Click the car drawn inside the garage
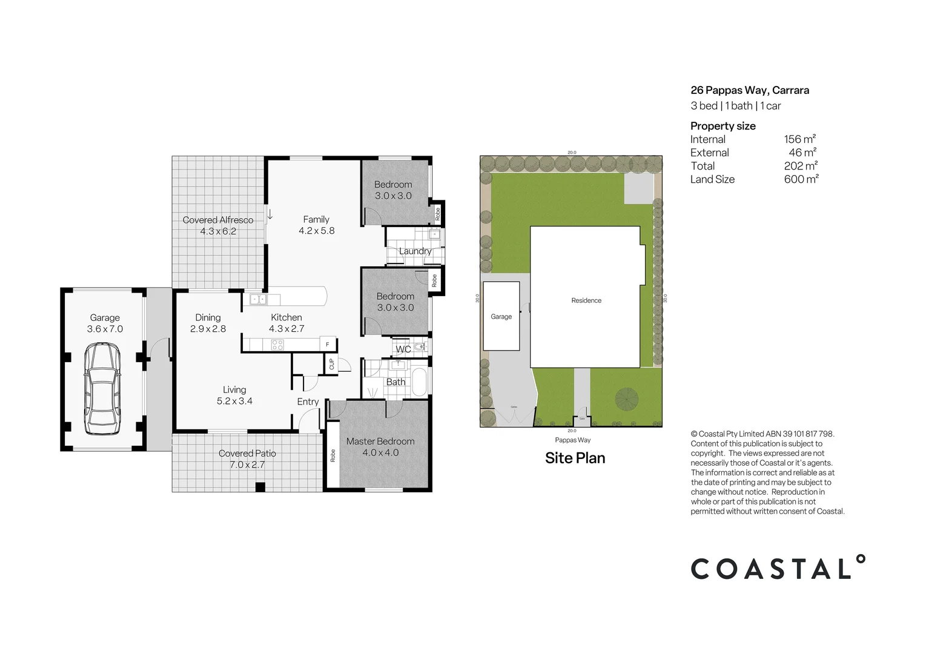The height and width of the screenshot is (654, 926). [102, 389]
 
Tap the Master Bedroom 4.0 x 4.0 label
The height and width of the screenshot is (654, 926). [380, 447]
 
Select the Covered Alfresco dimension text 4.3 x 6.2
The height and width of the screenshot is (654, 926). [218, 231]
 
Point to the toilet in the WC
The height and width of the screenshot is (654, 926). [420, 348]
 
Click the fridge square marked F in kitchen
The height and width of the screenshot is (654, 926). [328, 344]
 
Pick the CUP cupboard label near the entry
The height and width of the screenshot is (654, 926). [331, 365]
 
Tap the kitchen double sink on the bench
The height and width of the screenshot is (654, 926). [258, 299]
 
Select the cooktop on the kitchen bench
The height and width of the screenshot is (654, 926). [277, 345]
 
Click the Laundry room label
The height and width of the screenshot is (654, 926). [415, 251]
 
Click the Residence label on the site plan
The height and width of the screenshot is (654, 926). [586, 300]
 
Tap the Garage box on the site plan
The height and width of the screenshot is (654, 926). [501, 316]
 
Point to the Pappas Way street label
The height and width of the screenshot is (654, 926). [572, 440]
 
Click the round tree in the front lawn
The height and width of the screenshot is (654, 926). [627, 398]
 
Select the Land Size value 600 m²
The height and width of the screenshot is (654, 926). [801, 179]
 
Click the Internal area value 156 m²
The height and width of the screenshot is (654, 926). [799, 139]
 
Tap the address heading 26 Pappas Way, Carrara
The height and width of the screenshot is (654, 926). [750, 90]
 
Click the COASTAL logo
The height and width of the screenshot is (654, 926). [778, 568]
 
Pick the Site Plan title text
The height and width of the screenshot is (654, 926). [575, 458]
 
